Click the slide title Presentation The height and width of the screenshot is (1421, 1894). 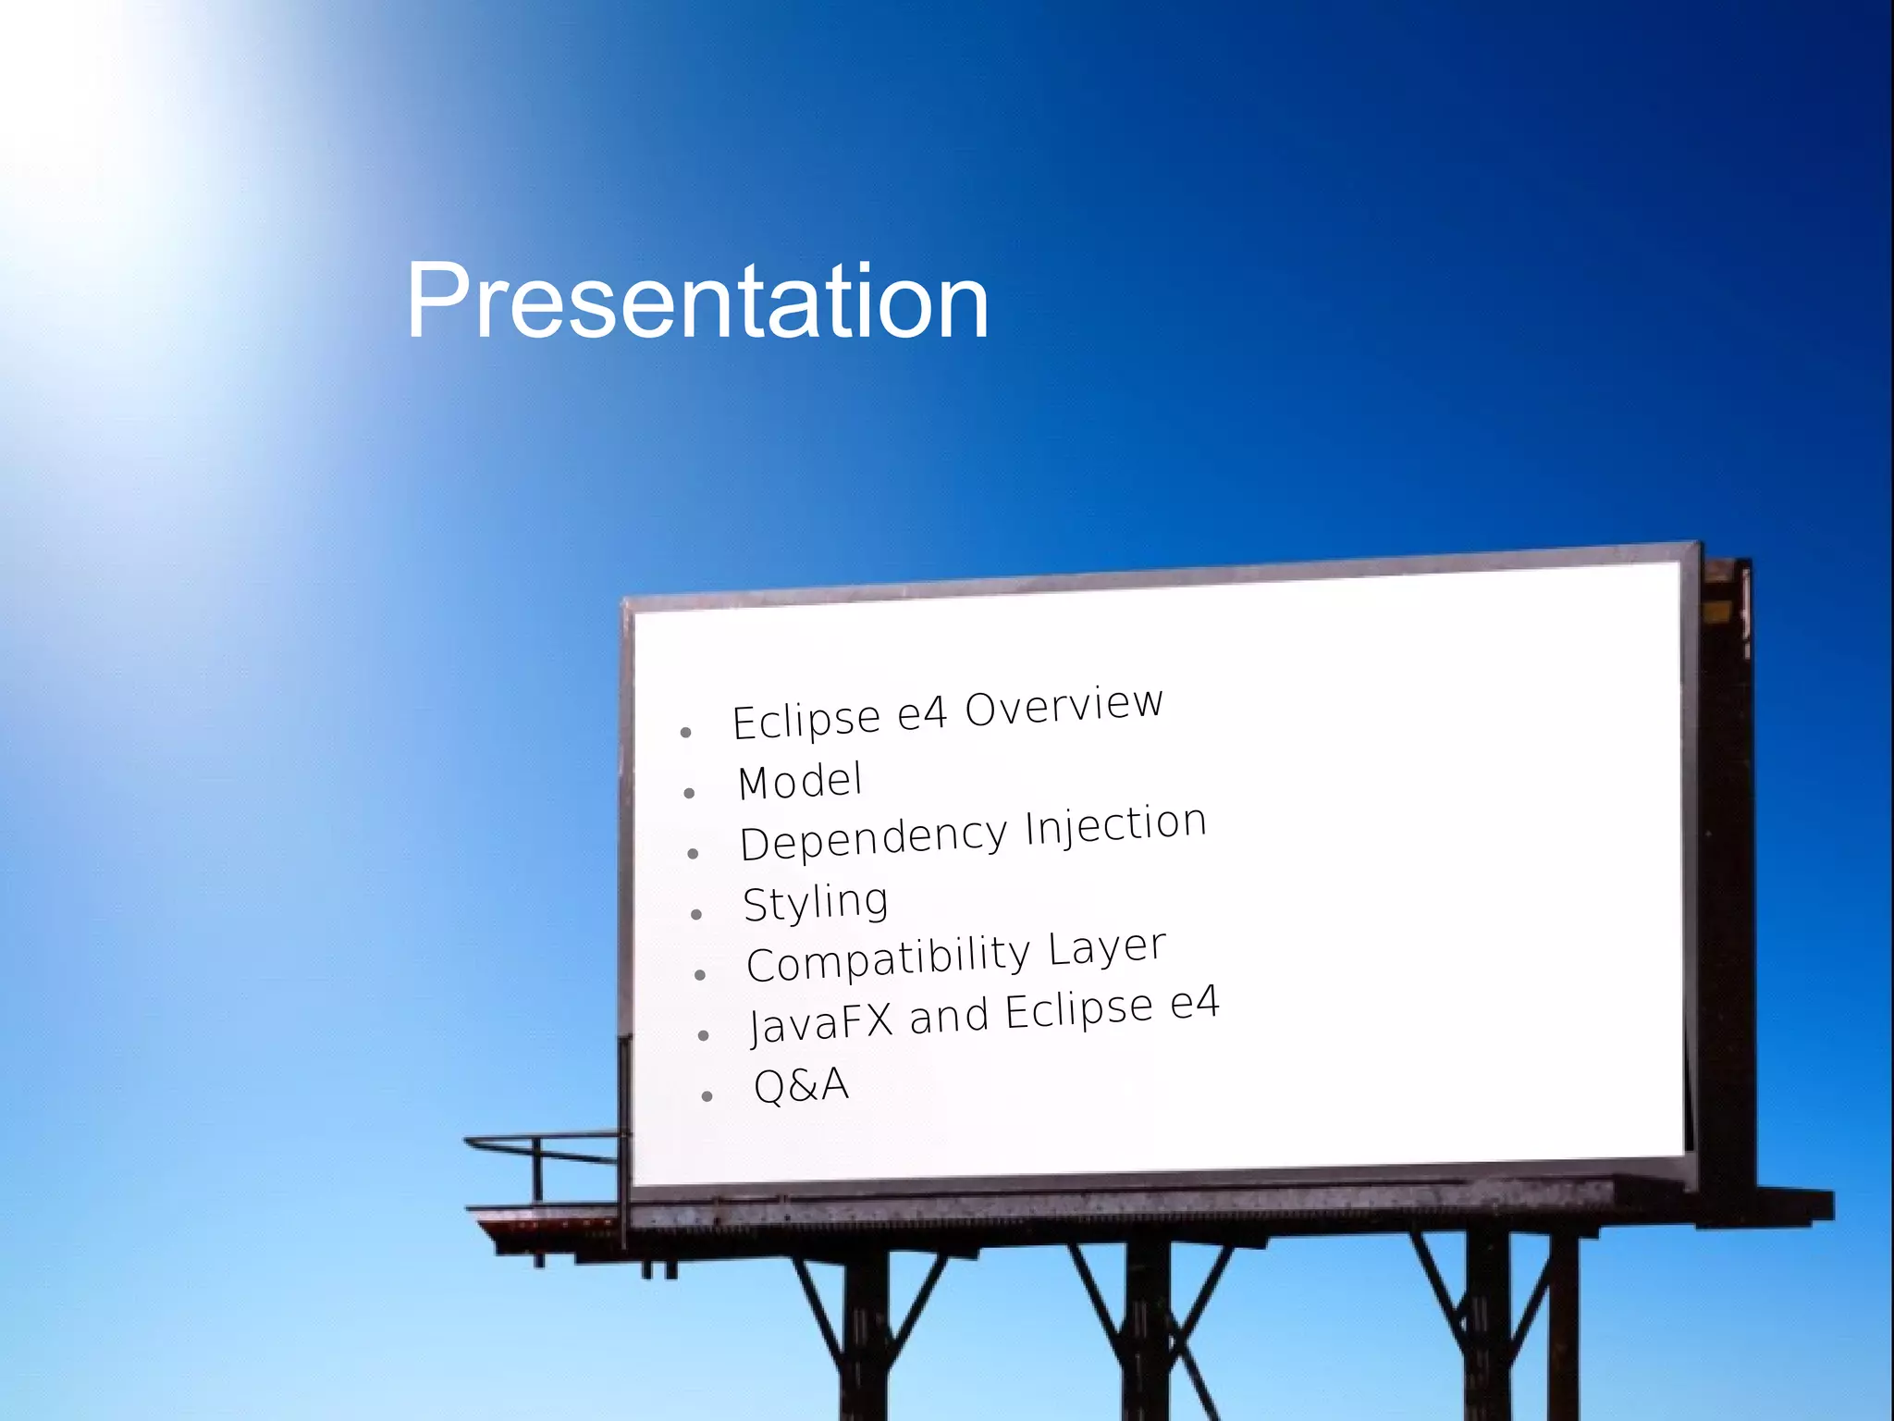tap(697, 302)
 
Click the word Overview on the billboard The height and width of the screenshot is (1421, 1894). tap(1064, 705)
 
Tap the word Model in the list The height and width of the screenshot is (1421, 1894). tap(800, 781)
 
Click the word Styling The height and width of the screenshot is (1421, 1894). tap(816, 902)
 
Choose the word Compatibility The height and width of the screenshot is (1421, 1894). tap(888, 959)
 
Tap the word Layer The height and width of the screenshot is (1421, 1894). tap(1107, 948)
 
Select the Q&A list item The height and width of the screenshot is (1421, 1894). tap(801, 1085)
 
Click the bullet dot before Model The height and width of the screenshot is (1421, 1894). tap(689, 794)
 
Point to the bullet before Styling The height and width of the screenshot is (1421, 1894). tap(696, 914)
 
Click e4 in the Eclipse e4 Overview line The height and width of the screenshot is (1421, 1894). tap(923, 713)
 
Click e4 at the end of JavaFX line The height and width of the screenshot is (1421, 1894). tap(1195, 1003)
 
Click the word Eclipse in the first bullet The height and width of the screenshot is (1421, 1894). tap(806, 721)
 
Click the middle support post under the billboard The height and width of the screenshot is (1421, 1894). tap(1147, 1332)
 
